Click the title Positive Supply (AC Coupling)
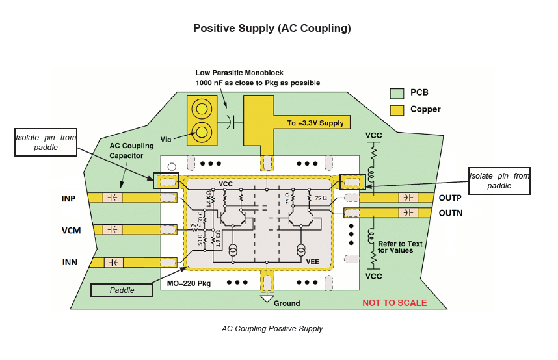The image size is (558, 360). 272,29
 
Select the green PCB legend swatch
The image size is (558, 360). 397,93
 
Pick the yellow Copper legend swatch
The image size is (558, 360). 397,109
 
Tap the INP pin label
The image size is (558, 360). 70,198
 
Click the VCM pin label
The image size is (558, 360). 72,229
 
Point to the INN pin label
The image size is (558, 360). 70,262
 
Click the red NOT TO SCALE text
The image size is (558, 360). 394,303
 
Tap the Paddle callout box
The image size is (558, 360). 122,290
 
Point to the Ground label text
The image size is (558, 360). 287,303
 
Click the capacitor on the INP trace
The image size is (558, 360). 113,198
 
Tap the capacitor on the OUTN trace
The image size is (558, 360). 408,212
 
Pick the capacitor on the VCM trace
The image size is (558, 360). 113,229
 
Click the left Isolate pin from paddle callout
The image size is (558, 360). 46,142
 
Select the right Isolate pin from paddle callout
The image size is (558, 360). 499,181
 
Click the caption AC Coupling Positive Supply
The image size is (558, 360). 272,329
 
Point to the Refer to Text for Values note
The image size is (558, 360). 400,247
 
